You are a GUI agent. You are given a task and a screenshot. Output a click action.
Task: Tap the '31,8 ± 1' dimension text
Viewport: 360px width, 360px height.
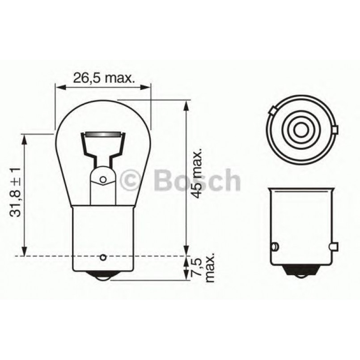[16, 192]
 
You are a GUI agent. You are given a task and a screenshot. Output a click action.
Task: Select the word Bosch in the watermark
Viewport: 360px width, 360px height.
[196, 180]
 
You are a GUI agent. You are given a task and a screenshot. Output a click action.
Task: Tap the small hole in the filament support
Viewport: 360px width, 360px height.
[103, 180]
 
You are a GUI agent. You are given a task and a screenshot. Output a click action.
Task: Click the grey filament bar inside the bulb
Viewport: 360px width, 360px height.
[102, 134]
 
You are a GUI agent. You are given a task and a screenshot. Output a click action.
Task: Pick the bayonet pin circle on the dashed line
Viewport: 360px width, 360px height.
[103, 257]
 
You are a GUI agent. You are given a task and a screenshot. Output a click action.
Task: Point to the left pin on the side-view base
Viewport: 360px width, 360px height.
[275, 246]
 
